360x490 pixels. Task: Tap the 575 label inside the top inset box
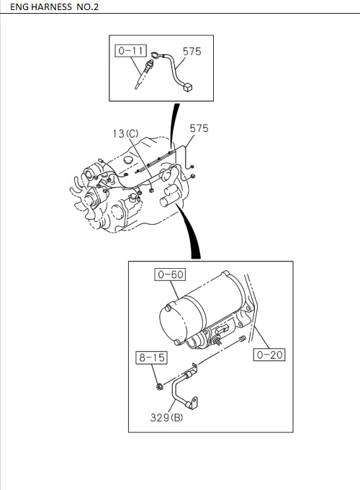tap(192, 51)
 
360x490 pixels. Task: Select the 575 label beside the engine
tap(199, 128)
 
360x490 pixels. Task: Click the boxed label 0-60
tap(169, 275)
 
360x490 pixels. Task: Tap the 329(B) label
tap(166, 417)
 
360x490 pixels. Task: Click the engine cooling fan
tap(91, 202)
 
